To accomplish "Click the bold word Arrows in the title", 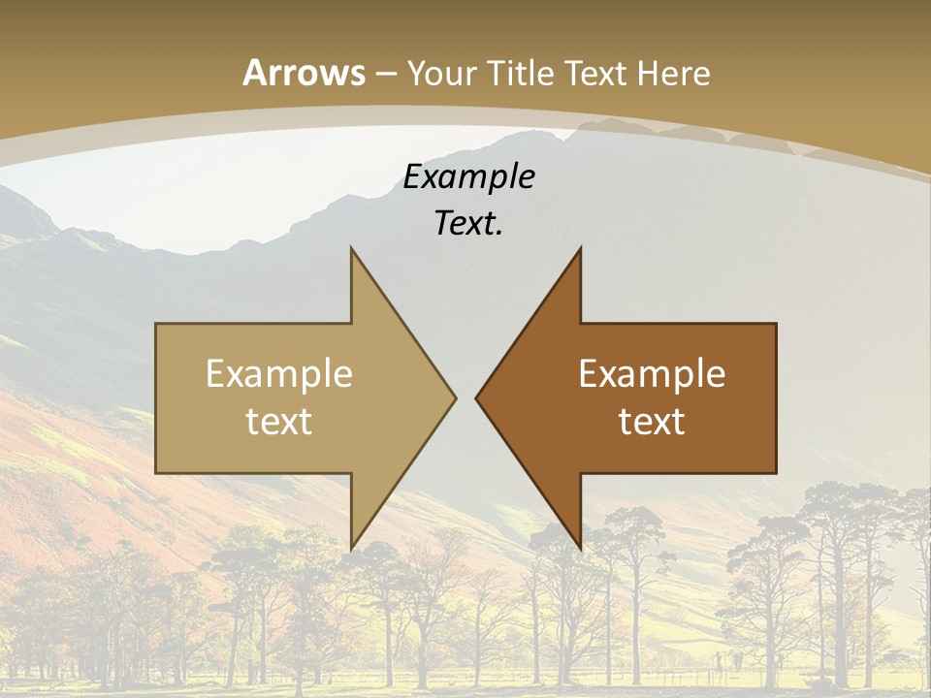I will point(305,73).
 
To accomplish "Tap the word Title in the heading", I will point(521,73).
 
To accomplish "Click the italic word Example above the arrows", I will point(469,176).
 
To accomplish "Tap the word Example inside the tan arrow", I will point(279,374).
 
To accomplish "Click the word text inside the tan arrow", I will point(279,421).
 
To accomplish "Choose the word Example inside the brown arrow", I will point(652,374).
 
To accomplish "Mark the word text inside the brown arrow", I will point(652,421).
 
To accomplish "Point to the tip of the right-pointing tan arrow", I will point(456,397).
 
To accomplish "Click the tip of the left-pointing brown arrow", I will point(476,397).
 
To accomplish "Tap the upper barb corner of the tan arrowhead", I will point(351,248).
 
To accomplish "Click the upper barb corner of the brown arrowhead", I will point(580,248).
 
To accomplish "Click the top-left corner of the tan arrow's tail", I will point(156,324).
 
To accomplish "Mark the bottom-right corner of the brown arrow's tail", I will point(776,472).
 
